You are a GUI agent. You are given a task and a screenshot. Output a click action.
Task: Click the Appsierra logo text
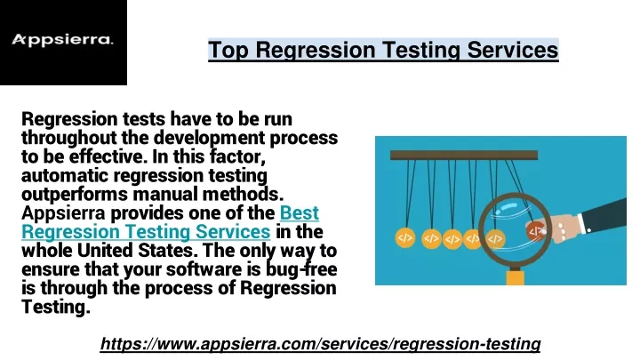point(62,40)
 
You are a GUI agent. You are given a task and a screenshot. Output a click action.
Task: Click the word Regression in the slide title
point(316,50)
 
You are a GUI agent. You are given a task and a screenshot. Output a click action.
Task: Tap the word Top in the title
point(228,51)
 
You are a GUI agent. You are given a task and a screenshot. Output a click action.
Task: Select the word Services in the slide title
point(513,50)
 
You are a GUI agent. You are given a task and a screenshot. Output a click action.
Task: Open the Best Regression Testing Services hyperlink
point(170,222)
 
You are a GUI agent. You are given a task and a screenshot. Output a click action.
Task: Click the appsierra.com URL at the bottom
point(320,344)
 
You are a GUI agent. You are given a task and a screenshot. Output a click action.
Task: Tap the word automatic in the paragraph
point(65,175)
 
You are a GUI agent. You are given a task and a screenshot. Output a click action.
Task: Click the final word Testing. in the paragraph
point(55,307)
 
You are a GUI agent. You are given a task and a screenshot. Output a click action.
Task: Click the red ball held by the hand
point(535,231)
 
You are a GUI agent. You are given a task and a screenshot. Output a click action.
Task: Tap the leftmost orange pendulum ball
point(405,238)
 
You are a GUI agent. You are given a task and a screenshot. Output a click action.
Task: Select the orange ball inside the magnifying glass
point(495,239)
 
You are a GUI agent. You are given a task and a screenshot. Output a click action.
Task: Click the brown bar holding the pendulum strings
point(464,155)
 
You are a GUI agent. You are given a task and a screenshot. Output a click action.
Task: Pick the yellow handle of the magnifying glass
point(515,278)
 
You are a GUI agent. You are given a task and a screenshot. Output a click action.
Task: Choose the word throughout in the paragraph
point(69,138)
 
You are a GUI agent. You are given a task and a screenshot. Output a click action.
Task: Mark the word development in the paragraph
point(209,138)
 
